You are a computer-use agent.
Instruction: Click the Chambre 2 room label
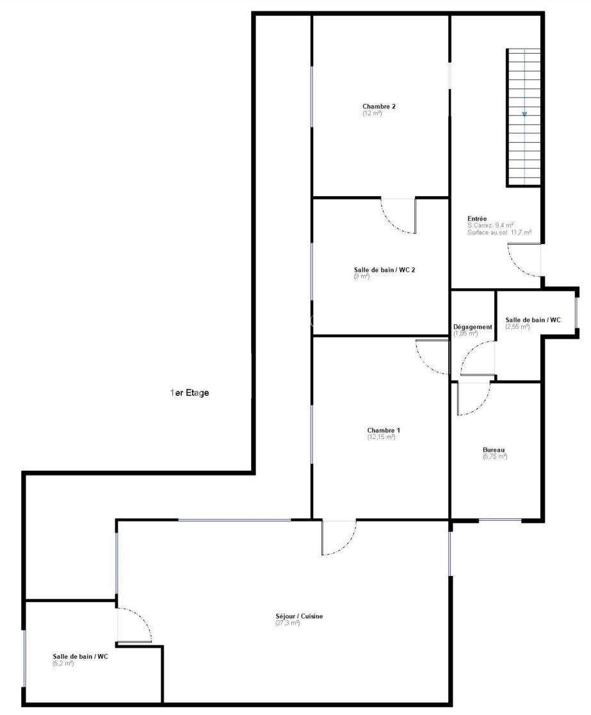coord(379,106)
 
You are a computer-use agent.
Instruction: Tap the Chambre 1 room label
coord(384,430)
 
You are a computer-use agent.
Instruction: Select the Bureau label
coord(495,450)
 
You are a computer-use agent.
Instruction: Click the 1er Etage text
coord(190,393)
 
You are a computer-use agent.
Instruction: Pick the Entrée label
coord(477,218)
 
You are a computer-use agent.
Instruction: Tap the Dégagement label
coord(473,327)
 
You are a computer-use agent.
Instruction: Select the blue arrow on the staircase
coord(524,115)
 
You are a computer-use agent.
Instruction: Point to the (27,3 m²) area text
coord(287,623)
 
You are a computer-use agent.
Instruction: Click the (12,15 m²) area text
coord(381,437)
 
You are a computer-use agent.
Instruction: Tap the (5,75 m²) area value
coord(494,457)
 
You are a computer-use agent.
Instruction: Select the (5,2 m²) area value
coord(63,663)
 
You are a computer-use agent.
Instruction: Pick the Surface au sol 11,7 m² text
coord(499,233)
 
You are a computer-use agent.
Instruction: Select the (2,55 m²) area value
coord(517,327)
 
